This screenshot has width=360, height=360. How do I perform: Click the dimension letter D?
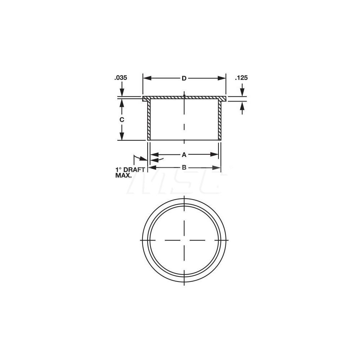coord(184,78)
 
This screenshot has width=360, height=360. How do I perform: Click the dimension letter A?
coord(184,154)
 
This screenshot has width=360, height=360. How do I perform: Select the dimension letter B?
coord(184,167)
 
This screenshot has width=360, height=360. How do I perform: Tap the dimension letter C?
coord(122,120)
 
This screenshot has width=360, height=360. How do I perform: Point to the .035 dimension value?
coord(121,78)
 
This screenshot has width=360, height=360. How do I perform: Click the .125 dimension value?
coord(242,78)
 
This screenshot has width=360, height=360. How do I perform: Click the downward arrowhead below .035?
coord(122,93)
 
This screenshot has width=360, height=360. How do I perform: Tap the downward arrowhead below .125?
coord(242,93)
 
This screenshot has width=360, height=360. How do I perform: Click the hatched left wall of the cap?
coord(148,121)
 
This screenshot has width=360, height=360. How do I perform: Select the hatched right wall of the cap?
coord(220,121)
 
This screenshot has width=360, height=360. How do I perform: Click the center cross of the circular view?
coord(184,240)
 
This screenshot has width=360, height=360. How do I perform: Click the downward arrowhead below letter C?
coord(122,136)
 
